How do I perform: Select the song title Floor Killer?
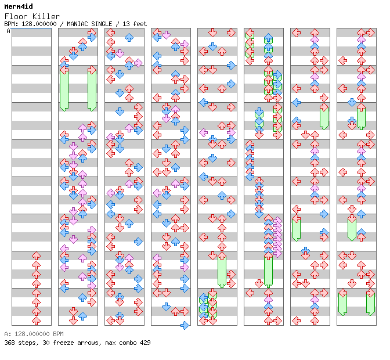tap(28, 16)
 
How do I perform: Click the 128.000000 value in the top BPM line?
tap(37, 24)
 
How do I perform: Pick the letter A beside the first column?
tap(9, 31)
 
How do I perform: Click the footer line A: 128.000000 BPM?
tap(34, 334)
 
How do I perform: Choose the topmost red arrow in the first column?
tap(36, 255)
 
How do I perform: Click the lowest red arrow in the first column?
tap(36, 321)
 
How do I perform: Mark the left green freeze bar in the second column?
tap(64, 88)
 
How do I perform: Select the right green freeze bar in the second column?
tap(92, 88)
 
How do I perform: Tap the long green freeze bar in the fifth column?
tap(222, 270)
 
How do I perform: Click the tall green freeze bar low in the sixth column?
tap(268, 270)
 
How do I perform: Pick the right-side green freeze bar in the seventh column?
tap(324, 117)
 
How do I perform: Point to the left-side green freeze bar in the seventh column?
tap(296, 228)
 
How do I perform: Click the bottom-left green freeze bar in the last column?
tap(342, 303)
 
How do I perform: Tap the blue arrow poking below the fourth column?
tap(185, 325)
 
